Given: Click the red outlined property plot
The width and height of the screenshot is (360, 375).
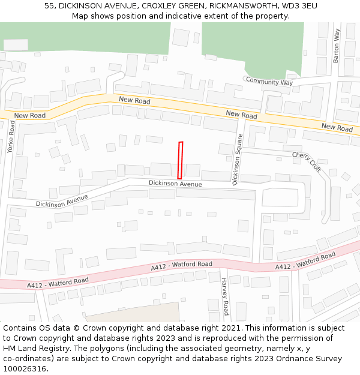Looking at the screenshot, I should (180, 160).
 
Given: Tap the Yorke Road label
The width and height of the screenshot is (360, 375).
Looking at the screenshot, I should (11, 137).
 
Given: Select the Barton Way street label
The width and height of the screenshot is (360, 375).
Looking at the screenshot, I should (337, 46).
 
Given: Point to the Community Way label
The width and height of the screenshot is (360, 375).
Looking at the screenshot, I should (269, 82).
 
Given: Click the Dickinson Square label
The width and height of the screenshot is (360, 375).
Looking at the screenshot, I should (237, 159).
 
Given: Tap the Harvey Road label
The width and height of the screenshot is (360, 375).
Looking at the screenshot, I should (225, 296).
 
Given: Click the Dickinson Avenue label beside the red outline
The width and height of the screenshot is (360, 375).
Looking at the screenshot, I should (175, 184).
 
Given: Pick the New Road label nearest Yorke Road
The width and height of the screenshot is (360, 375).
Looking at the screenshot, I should (30, 115).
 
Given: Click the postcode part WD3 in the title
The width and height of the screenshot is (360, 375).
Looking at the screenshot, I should (290, 6).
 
